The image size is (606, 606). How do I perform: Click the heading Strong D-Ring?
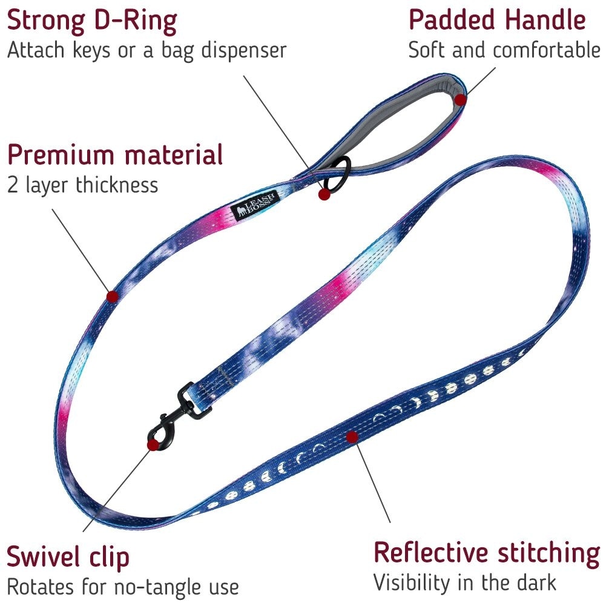click(x=92, y=21)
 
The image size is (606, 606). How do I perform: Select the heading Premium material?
click(x=115, y=155)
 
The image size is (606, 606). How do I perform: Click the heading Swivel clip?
click(x=68, y=557)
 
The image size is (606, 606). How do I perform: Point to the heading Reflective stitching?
click(x=486, y=553)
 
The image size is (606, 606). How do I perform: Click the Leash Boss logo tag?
click(x=254, y=203)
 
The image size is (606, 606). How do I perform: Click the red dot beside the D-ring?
click(x=324, y=194)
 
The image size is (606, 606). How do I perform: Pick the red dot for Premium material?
click(x=112, y=296)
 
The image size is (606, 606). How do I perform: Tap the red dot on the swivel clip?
click(x=153, y=445)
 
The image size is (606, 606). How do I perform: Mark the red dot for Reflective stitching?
click(x=351, y=436)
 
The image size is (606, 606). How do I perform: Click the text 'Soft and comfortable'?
click(x=504, y=50)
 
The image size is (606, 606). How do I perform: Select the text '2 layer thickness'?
click(x=82, y=185)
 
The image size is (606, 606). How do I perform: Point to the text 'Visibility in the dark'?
click(x=464, y=582)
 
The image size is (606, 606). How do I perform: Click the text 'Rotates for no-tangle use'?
click(x=122, y=586)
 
